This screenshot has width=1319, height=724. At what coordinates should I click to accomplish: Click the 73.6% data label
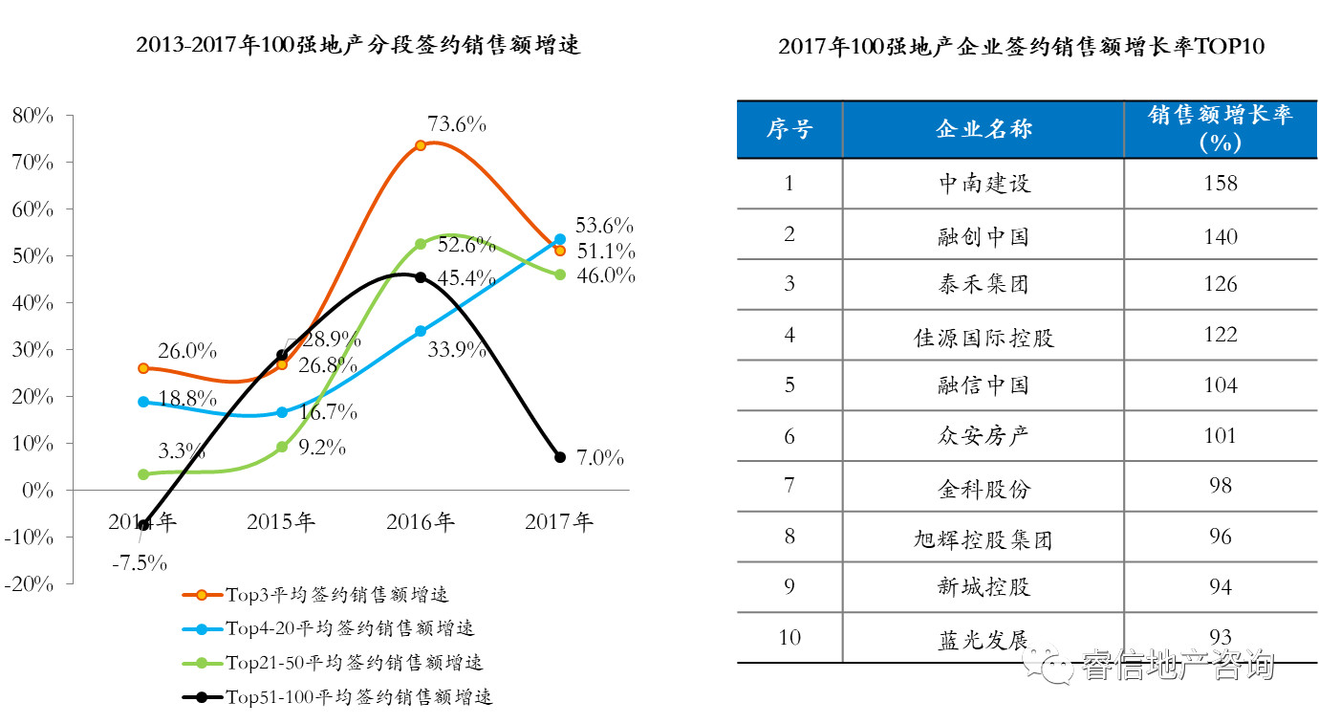[457, 124]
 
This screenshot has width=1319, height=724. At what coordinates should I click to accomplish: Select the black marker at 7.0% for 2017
[560, 457]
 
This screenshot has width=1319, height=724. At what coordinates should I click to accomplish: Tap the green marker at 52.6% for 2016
[421, 244]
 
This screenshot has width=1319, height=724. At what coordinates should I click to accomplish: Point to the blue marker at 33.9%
[421, 331]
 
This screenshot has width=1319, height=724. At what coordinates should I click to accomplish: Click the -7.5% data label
[140, 561]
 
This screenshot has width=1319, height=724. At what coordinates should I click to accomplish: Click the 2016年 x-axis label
[421, 522]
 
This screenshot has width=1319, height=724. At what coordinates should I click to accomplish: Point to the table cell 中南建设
[984, 183]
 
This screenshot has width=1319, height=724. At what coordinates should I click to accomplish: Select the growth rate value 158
[1221, 183]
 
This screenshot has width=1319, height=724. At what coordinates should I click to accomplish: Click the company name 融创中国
[984, 235]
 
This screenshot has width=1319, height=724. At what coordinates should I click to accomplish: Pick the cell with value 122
[1221, 335]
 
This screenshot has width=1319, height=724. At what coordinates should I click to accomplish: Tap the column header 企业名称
[984, 129]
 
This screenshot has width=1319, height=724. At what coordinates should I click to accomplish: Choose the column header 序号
[789, 129]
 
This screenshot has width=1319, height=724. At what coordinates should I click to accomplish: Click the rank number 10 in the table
[789, 637]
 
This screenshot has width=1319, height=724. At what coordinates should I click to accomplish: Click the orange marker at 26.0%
[143, 368]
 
